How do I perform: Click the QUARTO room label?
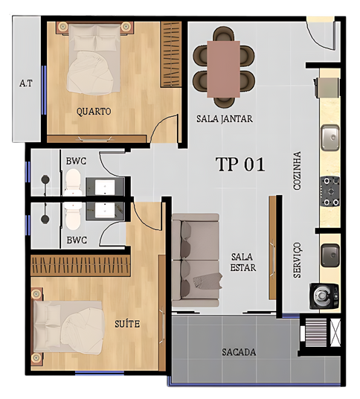point(94,112)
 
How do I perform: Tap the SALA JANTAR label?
point(225,119)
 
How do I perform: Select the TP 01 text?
point(240,164)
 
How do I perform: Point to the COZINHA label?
point(297,170)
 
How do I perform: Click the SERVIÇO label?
point(297,260)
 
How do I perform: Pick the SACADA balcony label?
point(239,352)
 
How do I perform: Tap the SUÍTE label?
point(127,324)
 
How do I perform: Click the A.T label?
point(26,83)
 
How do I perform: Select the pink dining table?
point(223,69)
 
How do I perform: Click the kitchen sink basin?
point(330,138)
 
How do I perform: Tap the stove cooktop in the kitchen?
point(330,191)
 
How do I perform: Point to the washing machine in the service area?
point(324,296)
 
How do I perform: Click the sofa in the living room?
point(196,260)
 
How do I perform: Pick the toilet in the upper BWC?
point(73,182)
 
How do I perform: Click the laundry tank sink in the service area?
point(330,255)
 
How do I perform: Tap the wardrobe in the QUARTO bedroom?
point(171,54)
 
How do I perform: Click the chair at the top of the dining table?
point(223,34)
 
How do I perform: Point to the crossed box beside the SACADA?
point(335,332)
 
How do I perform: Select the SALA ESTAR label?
point(242,262)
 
